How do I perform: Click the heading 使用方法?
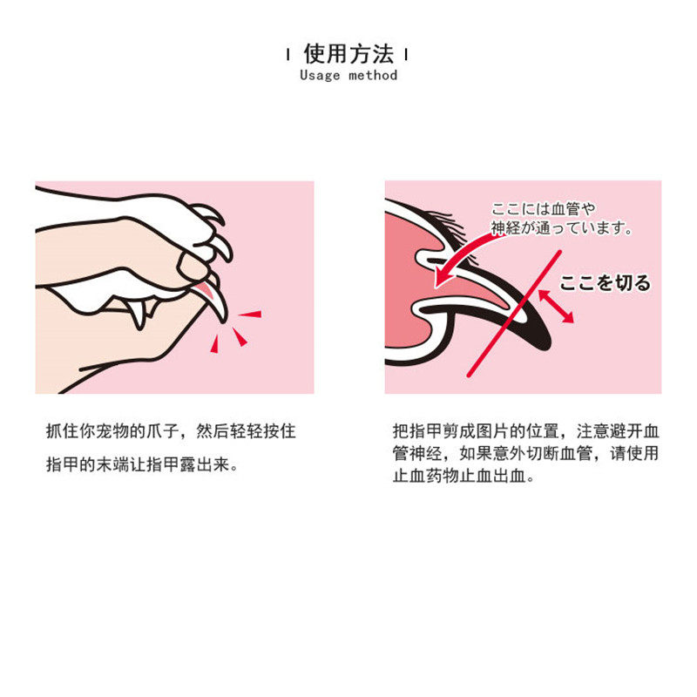[x=348, y=54]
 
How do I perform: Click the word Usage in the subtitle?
[x=320, y=75]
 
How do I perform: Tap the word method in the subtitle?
[x=373, y=75]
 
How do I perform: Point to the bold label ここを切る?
[x=605, y=282]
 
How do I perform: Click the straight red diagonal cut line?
[x=514, y=314]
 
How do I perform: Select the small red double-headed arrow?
[x=556, y=307]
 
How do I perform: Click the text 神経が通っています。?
[x=561, y=228]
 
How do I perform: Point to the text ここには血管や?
[x=543, y=209]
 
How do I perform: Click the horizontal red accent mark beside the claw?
[x=250, y=315]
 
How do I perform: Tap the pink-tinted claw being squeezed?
[x=211, y=297]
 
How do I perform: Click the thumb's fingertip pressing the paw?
[x=192, y=267]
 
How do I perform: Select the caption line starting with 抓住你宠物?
[x=171, y=431]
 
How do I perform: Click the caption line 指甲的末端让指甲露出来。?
[x=142, y=464]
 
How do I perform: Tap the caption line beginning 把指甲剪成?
[x=525, y=431]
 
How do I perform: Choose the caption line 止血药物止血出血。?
[x=464, y=476]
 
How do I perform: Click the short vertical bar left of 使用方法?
[x=288, y=55]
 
